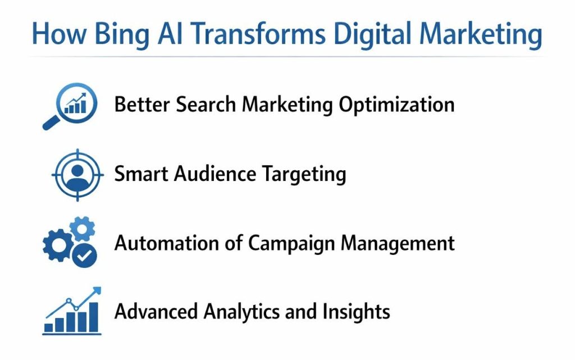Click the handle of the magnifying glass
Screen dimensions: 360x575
click(x=51, y=123)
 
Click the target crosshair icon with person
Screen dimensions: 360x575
click(x=74, y=174)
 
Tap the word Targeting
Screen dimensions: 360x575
click(x=306, y=175)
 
